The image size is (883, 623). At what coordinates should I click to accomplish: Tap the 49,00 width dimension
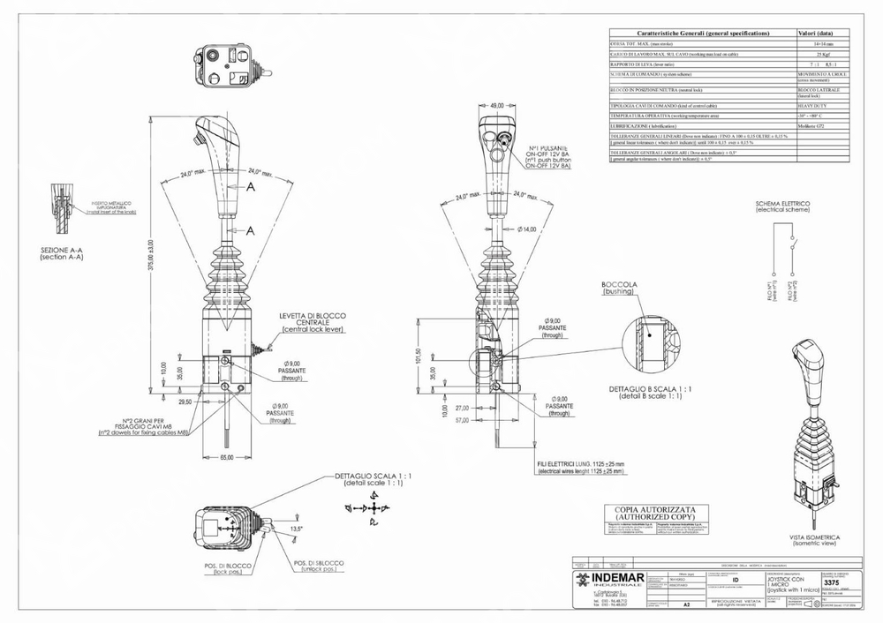coord(496,105)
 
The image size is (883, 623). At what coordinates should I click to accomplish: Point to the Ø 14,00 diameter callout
coord(526,229)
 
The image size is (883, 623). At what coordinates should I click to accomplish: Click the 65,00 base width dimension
coord(226,458)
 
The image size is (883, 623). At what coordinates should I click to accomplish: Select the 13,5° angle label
coord(298,529)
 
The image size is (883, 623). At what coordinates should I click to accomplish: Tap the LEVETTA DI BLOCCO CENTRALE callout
coord(313,322)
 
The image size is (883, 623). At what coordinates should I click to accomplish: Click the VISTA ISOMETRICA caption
coord(815,539)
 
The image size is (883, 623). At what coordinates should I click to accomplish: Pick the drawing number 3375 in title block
coord(831,582)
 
